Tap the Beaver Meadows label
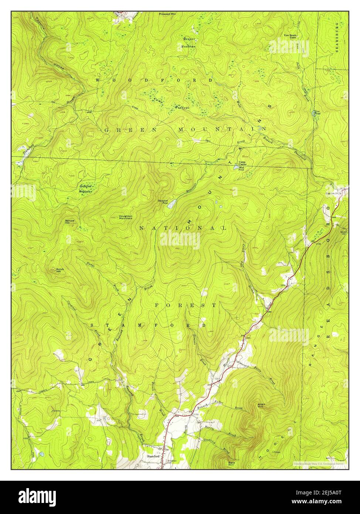189,43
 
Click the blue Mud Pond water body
235,168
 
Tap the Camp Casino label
242,163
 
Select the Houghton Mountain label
126,217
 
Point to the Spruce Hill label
70,222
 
